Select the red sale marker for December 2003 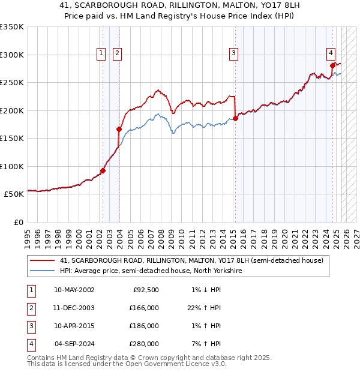coord(119,129)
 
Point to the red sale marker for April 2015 coord(235,118)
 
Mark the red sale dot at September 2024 coord(332,65)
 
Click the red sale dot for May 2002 coord(103,170)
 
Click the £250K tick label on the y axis coord(11,83)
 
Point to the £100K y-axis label coord(11,166)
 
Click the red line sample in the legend coord(42,260)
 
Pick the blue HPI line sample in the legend coord(42,271)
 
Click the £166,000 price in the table coord(145,308)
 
